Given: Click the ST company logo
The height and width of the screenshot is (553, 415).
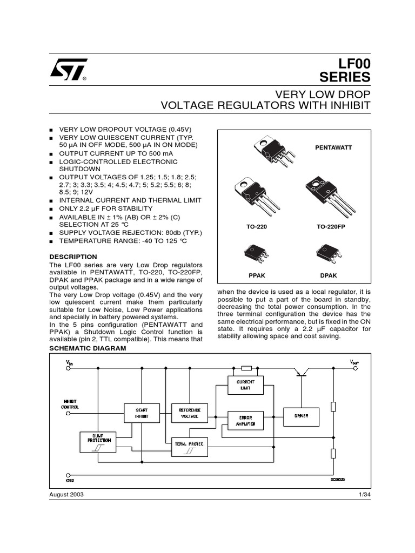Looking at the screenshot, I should coord(68,70).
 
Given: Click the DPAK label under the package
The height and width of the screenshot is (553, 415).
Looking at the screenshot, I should coord(329,275).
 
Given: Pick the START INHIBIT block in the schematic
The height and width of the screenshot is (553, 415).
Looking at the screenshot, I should coord(141,414).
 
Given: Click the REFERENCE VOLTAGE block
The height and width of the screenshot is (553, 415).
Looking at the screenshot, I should coord(190,414).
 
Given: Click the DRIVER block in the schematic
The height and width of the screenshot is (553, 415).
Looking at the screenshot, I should coord(301,416).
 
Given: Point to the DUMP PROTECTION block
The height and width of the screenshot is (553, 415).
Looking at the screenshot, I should coord(98,442).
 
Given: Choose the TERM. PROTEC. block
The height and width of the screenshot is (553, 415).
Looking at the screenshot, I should coord(189,446).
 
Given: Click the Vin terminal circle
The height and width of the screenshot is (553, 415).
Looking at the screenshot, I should coord(69,368).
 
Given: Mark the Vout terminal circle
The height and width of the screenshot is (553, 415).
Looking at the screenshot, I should coord(353,368).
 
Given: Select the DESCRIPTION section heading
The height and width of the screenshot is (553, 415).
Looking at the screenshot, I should coord(73,257).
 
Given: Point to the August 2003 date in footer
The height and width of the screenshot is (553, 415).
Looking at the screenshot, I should coord(66,495).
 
